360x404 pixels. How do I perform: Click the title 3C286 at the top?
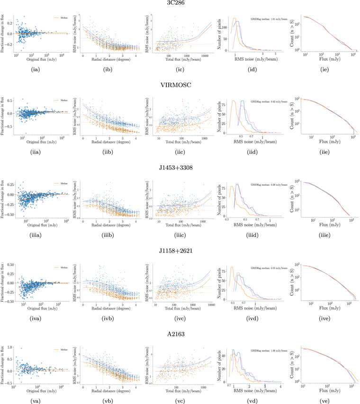coord(180,3)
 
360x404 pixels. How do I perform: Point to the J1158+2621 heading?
coord(180,247)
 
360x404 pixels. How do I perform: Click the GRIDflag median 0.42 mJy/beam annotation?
coord(269,103)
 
